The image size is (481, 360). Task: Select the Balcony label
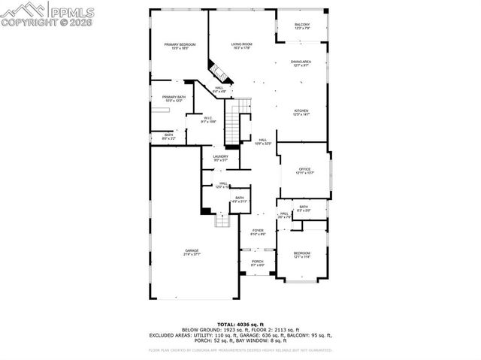(x=301, y=26)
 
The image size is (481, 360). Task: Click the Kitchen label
(x=301, y=112)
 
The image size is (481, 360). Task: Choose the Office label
(x=304, y=171)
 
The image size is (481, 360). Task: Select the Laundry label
(x=220, y=158)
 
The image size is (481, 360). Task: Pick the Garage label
(x=192, y=253)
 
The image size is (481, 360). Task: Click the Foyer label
(x=257, y=231)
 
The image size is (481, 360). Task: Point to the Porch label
(x=257, y=264)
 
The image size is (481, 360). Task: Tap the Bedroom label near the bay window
(x=301, y=254)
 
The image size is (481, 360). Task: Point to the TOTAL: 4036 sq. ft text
(x=240, y=324)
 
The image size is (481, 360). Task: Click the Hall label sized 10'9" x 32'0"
(x=264, y=141)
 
